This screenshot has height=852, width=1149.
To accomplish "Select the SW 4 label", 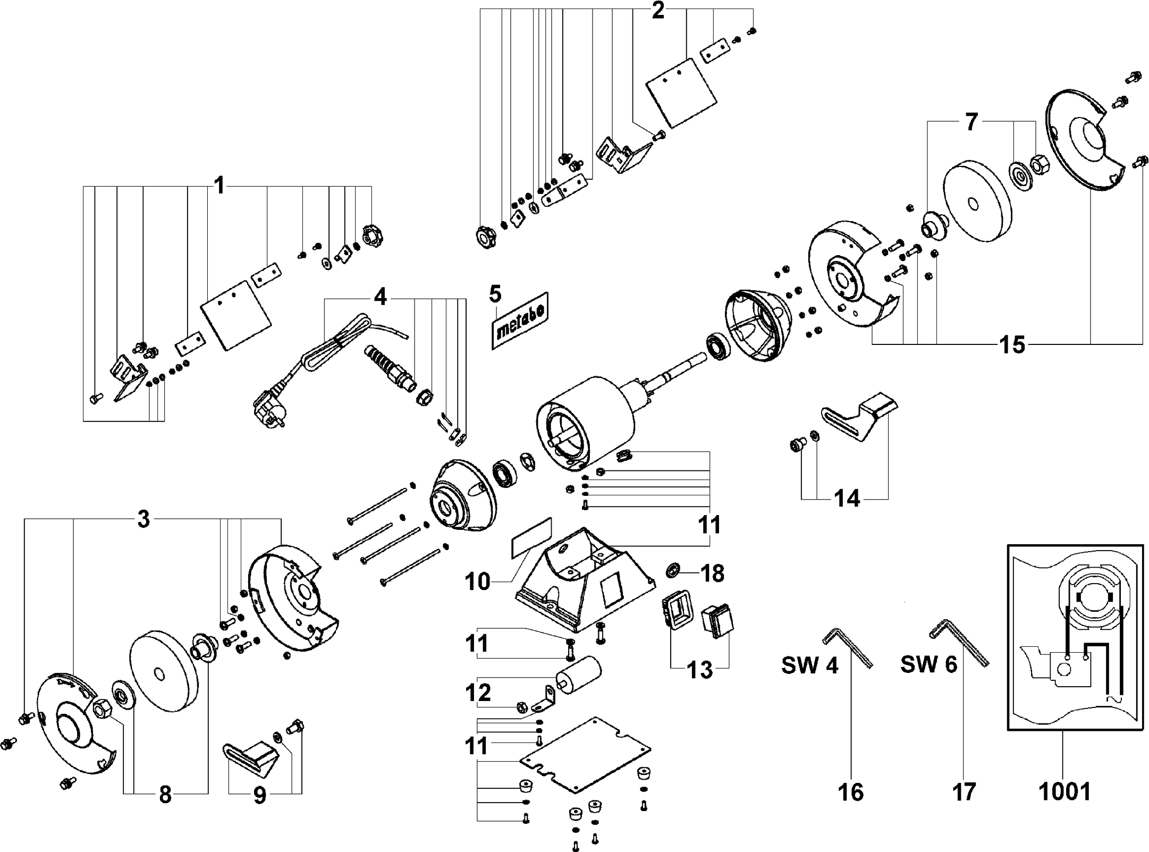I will (x=809, y=664).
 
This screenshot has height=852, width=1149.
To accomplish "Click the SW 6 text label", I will (x=928, y=664).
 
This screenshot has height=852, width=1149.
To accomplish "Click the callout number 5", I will (x=495, y=293).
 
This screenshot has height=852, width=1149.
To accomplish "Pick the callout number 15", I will (x=1013, y=345).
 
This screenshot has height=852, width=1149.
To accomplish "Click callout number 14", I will (x=847, y=499).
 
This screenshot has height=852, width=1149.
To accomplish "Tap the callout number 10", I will (x=477, y=581).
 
